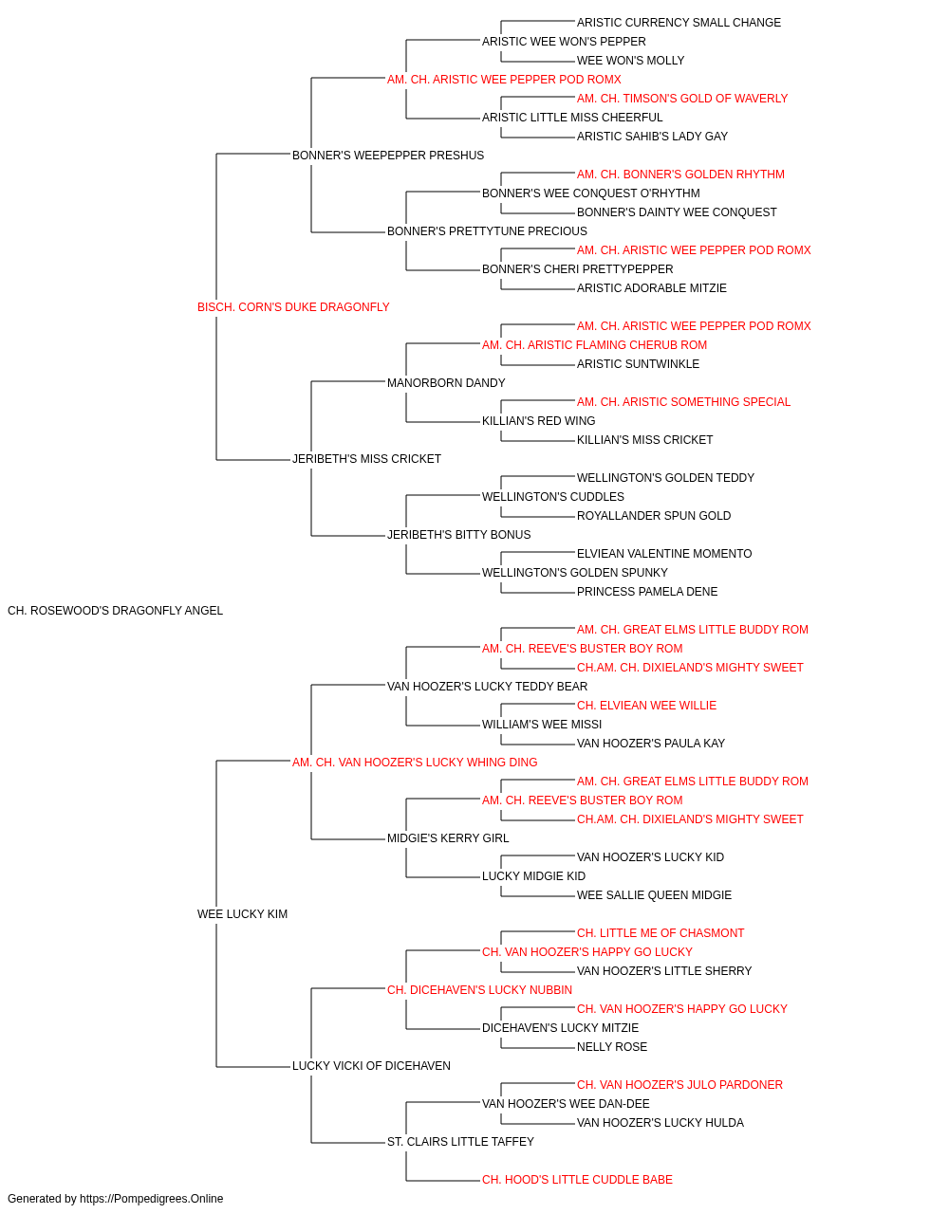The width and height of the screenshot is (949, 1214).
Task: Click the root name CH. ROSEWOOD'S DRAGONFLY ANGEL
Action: (x=115, y=611)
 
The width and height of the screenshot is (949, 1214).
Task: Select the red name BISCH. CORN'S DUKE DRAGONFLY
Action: (x=293, y=307)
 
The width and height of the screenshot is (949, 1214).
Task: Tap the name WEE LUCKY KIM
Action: (x=243, y=914)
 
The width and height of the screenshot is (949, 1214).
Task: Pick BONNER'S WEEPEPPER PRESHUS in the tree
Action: (x=388, y=156)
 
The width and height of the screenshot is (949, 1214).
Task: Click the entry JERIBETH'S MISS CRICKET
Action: (x=366, y=459)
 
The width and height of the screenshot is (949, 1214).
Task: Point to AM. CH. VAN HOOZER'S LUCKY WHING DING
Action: (x=415, y=762)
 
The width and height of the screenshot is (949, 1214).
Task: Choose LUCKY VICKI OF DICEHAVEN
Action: (x=371, y=1066)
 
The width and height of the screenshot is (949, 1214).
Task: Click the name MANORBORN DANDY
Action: (x=446, y=382)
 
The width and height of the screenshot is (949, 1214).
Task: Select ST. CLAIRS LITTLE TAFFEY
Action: (x=460, y=1141)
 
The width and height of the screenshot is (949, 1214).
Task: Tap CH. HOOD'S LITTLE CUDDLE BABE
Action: (x=577, y=1179)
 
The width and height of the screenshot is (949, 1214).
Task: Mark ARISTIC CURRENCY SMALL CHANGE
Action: (x=679, y=23)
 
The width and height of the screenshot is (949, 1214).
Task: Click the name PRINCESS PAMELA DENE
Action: (x=647, y=592)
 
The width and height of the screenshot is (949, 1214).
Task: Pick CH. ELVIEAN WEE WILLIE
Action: (x=646, y=705)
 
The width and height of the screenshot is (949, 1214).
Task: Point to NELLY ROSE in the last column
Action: (x=612, y=1047)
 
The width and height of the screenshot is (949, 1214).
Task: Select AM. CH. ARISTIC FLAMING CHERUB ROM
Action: (x=595, y=344)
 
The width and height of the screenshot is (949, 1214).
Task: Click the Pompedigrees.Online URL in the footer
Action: (x=152, y=1199)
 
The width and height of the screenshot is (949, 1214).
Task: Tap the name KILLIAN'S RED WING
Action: (x=539, y=421)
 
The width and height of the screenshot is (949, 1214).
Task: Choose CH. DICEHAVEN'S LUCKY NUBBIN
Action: (x=479, y=990)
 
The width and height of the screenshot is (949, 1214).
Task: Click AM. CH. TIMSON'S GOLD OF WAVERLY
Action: (x=682, y=99)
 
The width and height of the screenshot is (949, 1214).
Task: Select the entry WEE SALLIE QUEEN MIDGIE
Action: (x=654, y=895)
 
